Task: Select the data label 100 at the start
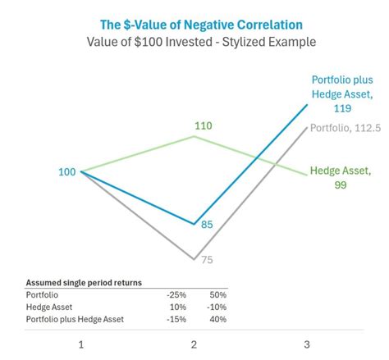click(67, 172)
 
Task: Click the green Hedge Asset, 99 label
click(341, 178)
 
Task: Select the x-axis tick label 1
click(80, 345)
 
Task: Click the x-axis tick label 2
click(194, 345)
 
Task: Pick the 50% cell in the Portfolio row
click(218, 294)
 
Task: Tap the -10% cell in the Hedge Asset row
click(217, 307)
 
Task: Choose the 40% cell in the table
click(218, 319)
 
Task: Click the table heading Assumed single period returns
click(84, 282)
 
